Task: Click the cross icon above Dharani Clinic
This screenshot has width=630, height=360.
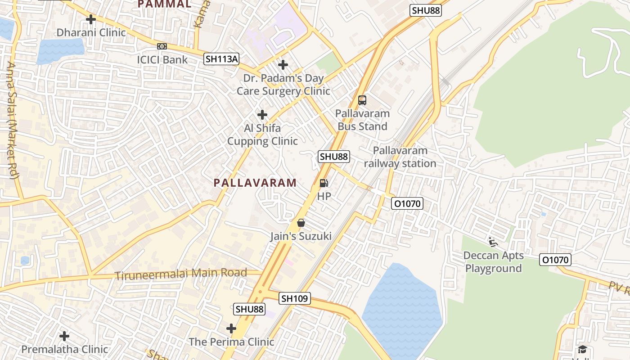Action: (x=91, y=19)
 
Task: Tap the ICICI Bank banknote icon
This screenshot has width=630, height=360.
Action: (x=162, y=46)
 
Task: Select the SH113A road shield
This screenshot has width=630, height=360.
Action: (x=221, y=58)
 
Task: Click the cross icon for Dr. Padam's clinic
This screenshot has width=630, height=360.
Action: (x=283, y=65)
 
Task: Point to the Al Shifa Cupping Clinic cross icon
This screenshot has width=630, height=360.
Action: (x=262, y=115)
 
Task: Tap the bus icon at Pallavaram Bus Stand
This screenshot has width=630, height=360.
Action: (x=362, y=100)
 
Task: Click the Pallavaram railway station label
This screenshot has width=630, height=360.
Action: (x=400, y=157)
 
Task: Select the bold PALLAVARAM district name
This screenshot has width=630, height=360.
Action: (x=255, y=183)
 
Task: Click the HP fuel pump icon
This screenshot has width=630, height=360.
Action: (x=324, y=183)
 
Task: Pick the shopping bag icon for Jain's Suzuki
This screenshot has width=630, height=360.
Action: (x=301, y=223)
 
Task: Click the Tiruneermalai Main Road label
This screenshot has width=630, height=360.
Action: (x=181, y=274)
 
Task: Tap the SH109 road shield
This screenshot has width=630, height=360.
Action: (x=295, y=298)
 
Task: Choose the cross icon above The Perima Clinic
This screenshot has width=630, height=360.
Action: (x=231, y=328)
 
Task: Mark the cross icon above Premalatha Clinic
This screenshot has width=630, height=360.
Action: (x=64, y=336)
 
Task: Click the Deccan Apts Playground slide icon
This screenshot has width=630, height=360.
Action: (x=493, y=242)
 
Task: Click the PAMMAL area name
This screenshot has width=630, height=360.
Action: (x=164, y=4)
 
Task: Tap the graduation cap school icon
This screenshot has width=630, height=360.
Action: (x=582, y=350)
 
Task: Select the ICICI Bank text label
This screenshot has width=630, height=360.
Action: (x=162, y=59)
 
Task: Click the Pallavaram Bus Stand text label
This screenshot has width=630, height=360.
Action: (x=362, y=120)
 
